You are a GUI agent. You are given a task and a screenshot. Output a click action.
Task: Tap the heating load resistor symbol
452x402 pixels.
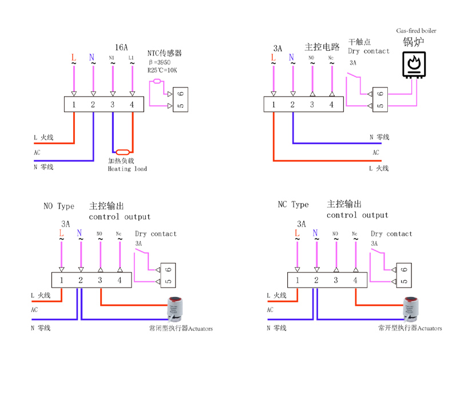click(122, 152)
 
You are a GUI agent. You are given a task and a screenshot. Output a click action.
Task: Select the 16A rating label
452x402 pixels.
click(121, 46)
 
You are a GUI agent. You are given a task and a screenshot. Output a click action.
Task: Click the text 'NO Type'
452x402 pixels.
click(59, 206)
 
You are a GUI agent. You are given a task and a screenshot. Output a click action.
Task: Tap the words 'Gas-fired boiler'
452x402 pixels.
click(416, 31)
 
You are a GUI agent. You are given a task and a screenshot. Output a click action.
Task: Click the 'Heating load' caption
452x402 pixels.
click(127, 169)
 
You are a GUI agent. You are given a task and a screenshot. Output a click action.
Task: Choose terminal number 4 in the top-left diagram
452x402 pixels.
click(132, 105)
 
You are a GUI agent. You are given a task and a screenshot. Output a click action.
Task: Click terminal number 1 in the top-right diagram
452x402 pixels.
click(273, 105)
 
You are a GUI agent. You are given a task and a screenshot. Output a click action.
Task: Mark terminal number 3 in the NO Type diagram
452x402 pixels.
click(100, 280)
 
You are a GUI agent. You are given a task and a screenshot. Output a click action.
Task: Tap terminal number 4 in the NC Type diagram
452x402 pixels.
click(355, 280)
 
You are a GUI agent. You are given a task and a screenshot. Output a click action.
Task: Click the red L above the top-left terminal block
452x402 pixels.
click(73, 58)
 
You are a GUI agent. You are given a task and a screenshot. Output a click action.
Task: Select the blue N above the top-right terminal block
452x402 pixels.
click(292, 57)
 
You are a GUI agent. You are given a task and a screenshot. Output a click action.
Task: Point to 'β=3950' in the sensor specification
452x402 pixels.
click(160, 61)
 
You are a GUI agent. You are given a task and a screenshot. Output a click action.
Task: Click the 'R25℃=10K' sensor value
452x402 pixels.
click(162, 70)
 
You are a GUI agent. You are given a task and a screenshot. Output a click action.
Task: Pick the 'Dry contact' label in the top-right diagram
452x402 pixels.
click(368, 51)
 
